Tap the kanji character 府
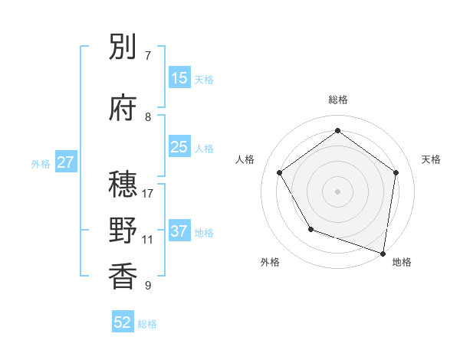[123, 109]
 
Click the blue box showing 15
[179, 78]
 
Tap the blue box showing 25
[179, 147]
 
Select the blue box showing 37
[179, 231]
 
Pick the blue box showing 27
[65, 162]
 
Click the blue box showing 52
[123, 322]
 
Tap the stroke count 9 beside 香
[148, 286]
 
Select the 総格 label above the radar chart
[338, 100]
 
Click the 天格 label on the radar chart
[432, 159]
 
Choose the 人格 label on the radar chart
[245, 159]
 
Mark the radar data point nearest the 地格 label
[383, 252]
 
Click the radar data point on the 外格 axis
[310, 229]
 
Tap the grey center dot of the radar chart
[338, 191]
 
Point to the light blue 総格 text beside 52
[147, 324]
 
